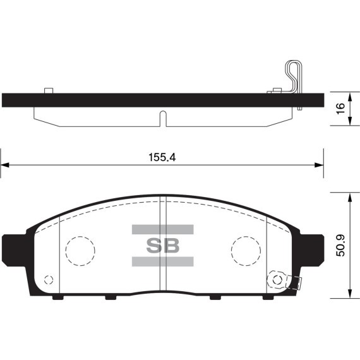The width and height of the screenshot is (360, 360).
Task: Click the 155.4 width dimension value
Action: [162, 158]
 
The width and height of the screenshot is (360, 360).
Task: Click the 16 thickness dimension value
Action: [340, 109]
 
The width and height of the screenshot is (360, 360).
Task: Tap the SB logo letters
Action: [162, 245]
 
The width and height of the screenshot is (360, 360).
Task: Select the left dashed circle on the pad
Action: [80, 251]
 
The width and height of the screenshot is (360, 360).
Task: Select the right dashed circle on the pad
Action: [246, 251]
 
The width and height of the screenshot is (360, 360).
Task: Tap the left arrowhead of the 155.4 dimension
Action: [5, 165]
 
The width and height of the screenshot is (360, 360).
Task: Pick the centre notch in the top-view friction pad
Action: [162, 117]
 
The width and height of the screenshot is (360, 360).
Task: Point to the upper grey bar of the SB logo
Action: [162, 229]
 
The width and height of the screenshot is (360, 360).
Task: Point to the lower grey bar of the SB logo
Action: [162, 261]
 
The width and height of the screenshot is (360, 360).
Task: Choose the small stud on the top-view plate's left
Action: [48, 90]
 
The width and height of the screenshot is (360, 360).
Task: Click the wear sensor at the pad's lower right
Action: [279, 279]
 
